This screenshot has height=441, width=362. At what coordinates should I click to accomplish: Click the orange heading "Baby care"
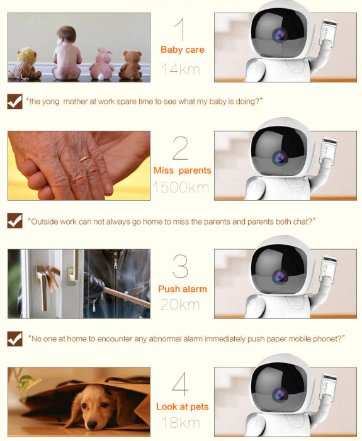(183, 50)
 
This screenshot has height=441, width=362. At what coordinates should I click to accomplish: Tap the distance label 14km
(181, 69)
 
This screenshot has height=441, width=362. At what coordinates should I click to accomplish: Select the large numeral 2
(180, 148)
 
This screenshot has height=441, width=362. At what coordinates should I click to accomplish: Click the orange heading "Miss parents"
(183, 170)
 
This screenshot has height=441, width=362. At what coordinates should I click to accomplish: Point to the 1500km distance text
(181, 187)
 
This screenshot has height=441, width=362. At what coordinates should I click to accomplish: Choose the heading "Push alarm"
(183, 289)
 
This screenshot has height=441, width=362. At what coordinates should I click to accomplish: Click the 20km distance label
(180, 304)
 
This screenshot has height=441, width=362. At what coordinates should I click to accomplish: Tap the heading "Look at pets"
(183, 407)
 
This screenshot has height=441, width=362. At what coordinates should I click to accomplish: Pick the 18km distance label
(181, 423)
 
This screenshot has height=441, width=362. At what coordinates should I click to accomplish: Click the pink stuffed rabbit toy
(101, 64)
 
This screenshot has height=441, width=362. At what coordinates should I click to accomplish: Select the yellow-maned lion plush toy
(25, 64)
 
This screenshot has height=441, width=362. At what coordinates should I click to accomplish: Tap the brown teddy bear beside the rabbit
(130, 65)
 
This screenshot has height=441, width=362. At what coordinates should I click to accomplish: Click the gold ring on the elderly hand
(85, 159)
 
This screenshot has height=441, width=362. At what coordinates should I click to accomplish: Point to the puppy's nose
(92, 424)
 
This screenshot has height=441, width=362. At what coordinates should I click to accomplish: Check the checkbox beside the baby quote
(14, 101)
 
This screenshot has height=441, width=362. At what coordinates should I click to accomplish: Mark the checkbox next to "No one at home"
(14, 338)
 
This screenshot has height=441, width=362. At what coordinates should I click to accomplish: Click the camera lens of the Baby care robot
(280, 35)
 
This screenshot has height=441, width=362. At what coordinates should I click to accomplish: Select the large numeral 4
(180, 384)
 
